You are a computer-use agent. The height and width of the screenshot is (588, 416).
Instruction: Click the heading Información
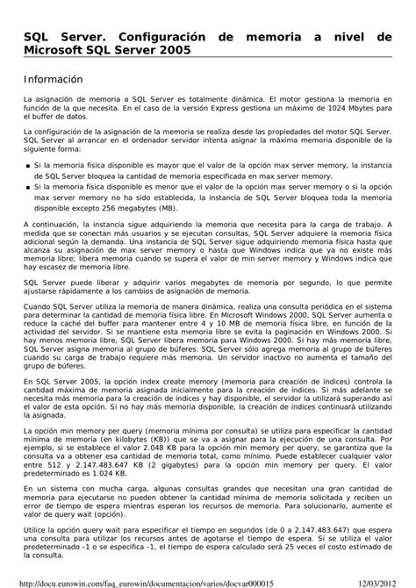coord(53,79)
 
